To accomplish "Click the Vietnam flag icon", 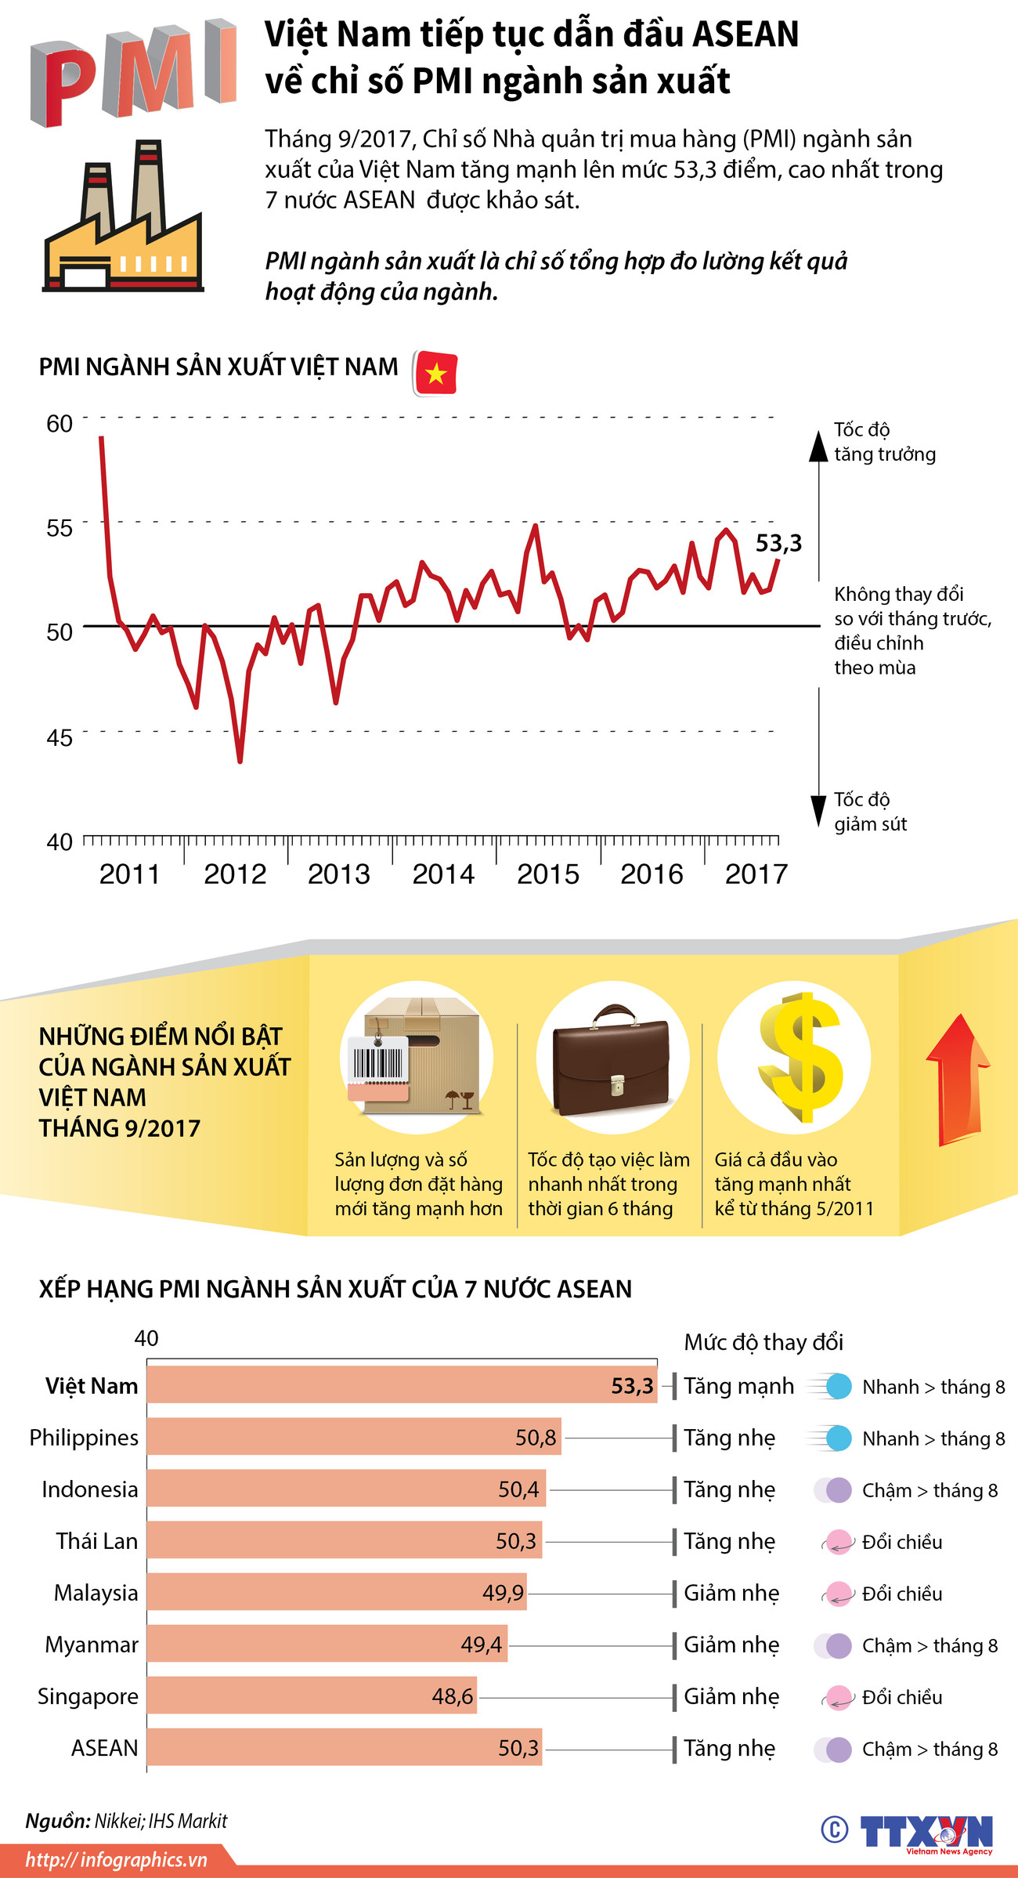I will click(x=435, y=373).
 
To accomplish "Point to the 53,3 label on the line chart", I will click(x=778, y=543).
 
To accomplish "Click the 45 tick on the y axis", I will click(x=60, y=737).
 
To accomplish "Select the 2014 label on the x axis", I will click(x=443, y=874).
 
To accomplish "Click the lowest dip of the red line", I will click(x=240, y=760).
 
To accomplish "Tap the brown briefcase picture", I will click(x=612, y=1058).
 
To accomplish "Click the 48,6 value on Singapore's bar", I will click(x=453, y=1696).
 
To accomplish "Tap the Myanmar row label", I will click(x=92, y=1645).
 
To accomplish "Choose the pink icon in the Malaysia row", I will click(x=838, y=1594).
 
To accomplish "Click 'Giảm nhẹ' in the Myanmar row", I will click(x=731, y=1645).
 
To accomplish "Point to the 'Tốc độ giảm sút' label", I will click(x=870, y=812).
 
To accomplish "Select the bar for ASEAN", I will click(x=345, y=1748).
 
